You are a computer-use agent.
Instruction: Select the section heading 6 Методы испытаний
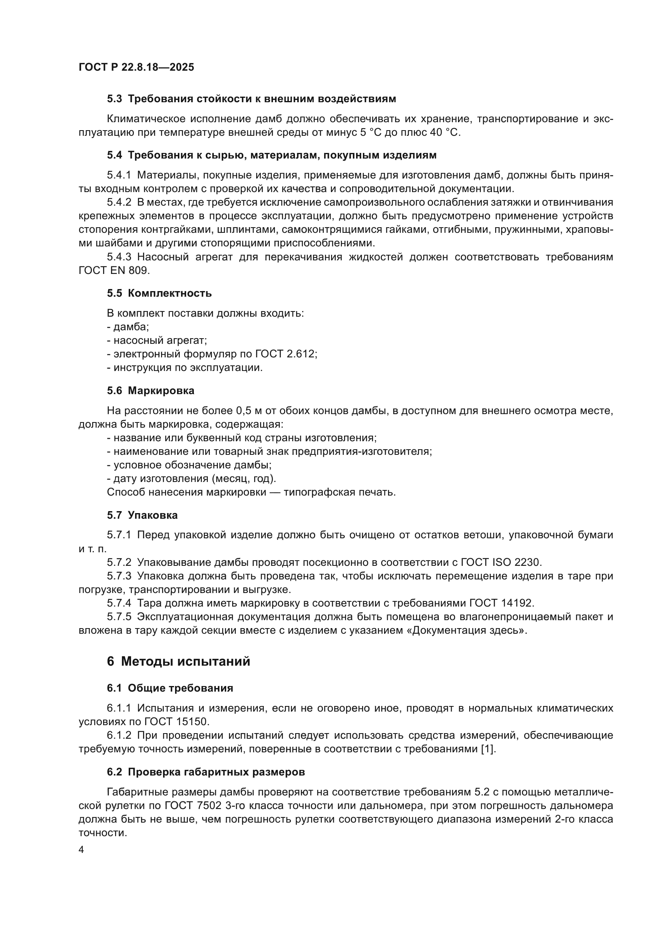click(178, 661)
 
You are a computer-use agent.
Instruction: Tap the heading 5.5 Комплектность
click(159, 293)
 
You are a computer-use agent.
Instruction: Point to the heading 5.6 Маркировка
click(151, 391)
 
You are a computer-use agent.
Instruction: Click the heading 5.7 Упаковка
click(142, 516)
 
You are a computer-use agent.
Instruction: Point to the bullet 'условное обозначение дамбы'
click(189, 465)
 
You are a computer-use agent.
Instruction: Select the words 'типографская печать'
click(339, 492)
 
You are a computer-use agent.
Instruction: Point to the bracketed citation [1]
click(488, 749)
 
